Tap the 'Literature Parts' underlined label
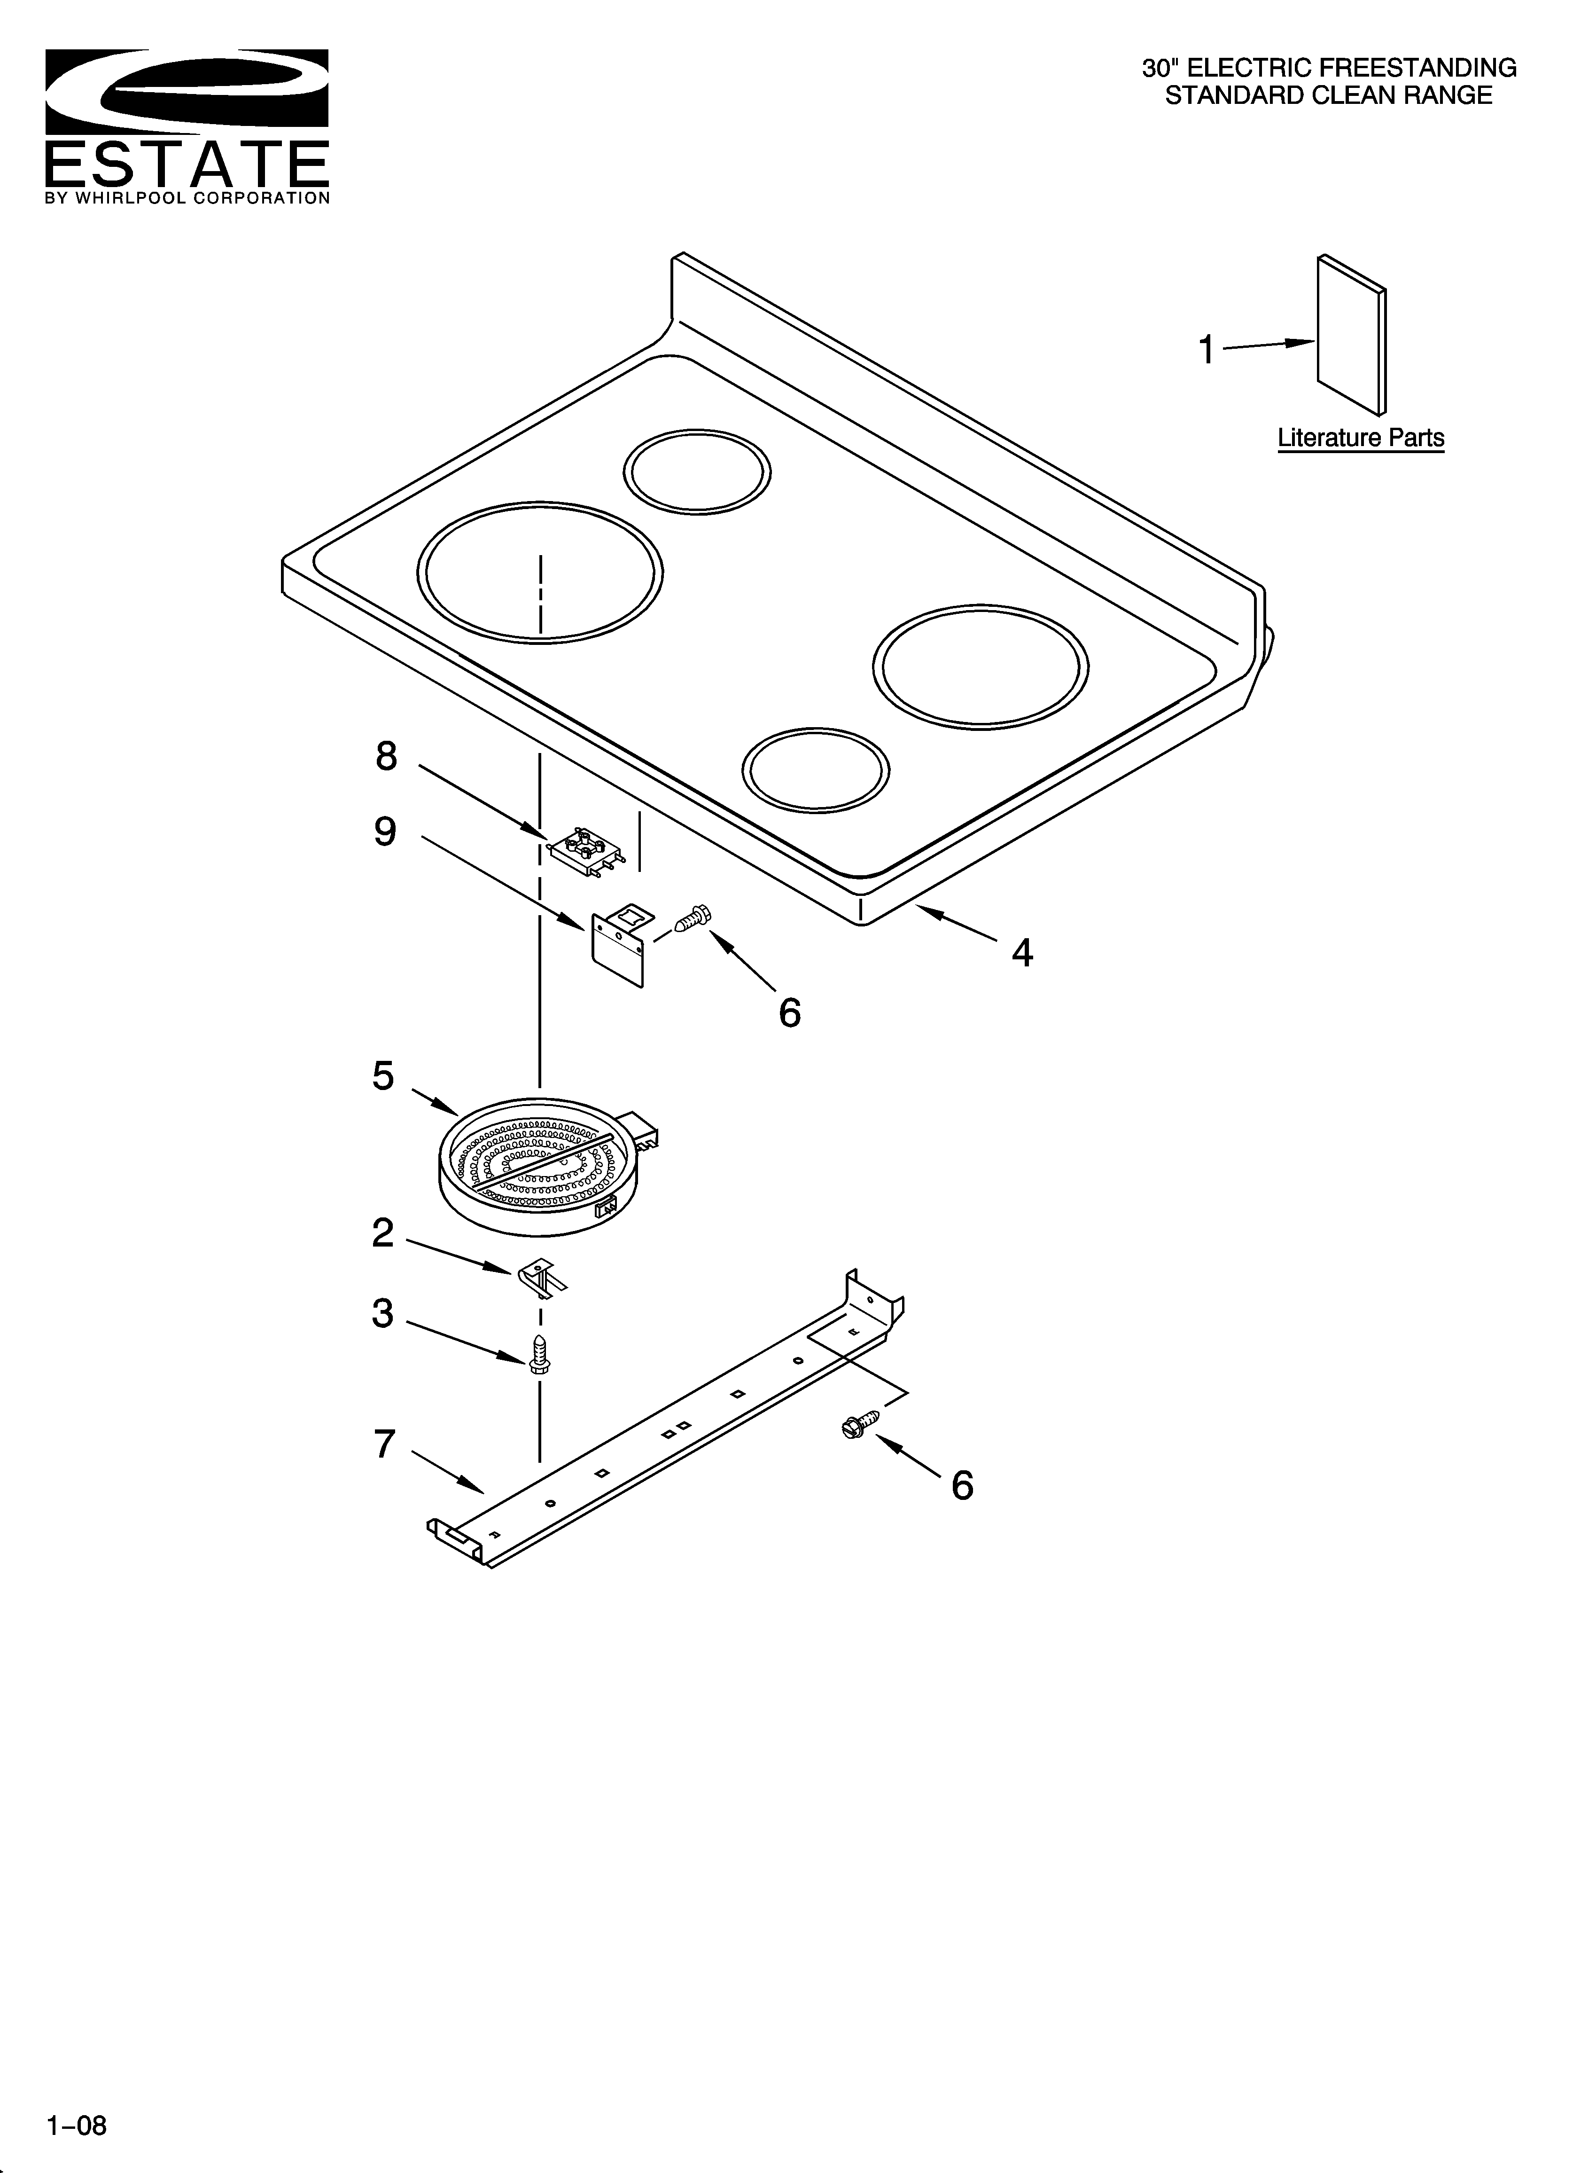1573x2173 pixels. [x=1360, y=438]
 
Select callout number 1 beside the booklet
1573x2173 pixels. [x=1207, y=350]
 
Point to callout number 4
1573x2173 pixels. [x=1022, y=952]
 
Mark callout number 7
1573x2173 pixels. [x=384, y=1444]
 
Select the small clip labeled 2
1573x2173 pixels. [x=541, y=1279]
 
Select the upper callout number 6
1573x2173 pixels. [x=789, y=1013]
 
